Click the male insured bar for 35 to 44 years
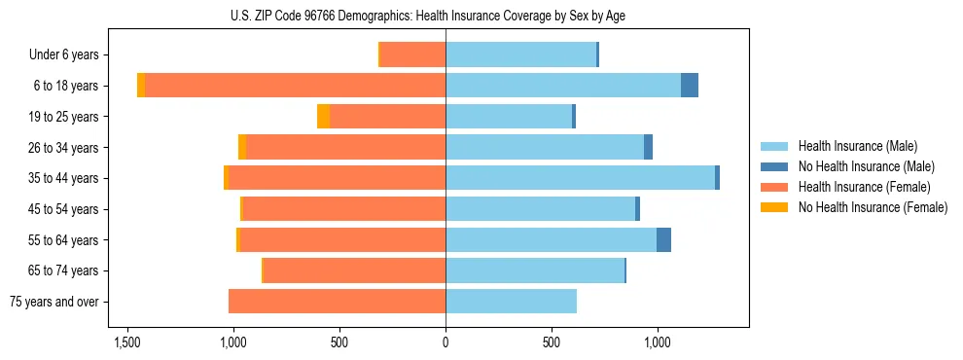click(580, 178)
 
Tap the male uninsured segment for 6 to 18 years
click(690, 86)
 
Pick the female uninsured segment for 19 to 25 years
click(324, 117)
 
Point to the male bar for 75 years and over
click(511, 302)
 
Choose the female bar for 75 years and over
click(337, 302)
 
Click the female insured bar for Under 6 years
click(412, 54)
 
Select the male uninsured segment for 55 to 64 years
click(663, 239)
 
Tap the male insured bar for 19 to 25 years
click(509, 117)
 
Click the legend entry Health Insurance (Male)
click(857, 146)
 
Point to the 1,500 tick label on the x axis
click(126, 342)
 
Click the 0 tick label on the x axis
click(446, 342)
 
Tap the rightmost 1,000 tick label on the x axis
click(658, 342)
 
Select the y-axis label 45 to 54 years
click(60, 209)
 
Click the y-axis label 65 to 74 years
click(60, 270)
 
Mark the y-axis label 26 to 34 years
click(60, 148)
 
